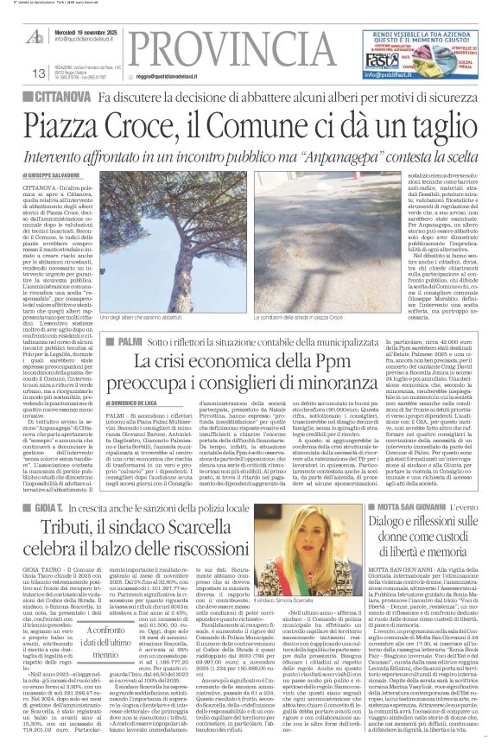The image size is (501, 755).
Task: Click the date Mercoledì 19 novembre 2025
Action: click(x=86, y=30)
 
